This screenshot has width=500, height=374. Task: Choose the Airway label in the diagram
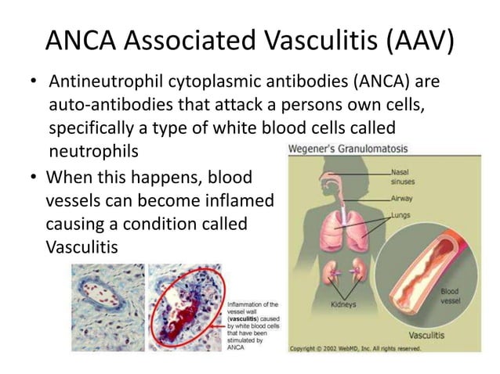click(402, 198)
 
